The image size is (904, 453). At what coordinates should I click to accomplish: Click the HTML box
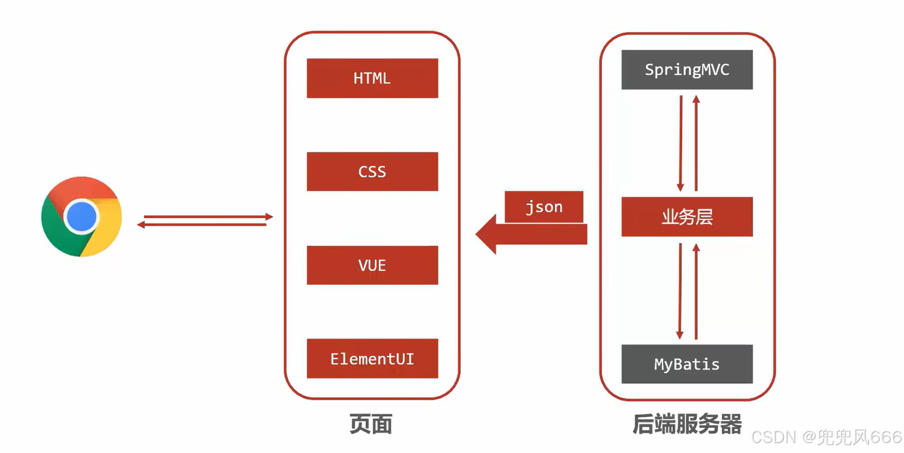372,78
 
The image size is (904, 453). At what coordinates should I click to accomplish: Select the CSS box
372,172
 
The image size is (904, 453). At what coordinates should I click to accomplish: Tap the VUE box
372,265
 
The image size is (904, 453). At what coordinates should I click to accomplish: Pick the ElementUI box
372,359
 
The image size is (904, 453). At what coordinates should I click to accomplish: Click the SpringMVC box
687,70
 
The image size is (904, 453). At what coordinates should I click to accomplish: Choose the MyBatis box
687,364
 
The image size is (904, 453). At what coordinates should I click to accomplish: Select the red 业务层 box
687,217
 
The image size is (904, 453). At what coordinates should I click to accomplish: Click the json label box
544,207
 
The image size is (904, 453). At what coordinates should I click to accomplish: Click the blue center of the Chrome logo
82,217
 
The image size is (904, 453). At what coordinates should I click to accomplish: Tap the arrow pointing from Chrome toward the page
208,217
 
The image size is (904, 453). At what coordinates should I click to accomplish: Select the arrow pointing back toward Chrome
203,225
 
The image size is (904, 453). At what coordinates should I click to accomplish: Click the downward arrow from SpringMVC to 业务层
681,143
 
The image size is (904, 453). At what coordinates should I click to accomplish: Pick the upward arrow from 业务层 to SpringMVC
696,143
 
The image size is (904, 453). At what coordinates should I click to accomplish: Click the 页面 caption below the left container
371,424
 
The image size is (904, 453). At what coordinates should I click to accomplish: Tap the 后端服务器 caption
687,424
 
